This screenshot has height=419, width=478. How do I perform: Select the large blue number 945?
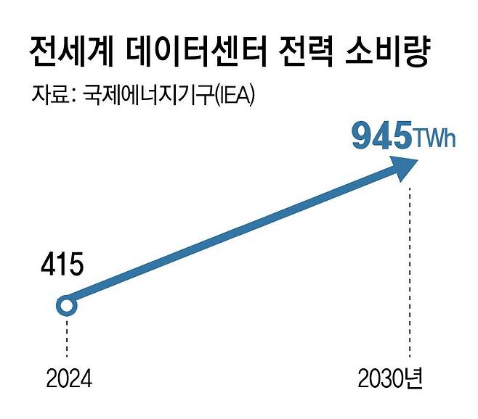380,137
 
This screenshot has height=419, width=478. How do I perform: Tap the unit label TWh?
435,138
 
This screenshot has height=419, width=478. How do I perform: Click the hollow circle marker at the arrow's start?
67,306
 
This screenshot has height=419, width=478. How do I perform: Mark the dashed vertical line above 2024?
67,338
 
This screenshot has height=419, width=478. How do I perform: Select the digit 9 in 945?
362,137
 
